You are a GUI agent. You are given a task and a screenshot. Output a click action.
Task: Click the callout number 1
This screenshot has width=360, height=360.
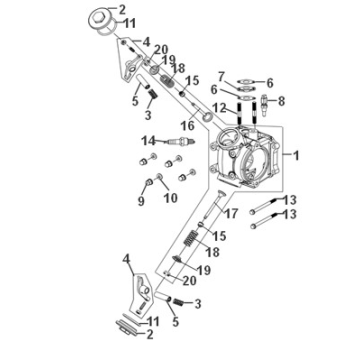pos(295,156)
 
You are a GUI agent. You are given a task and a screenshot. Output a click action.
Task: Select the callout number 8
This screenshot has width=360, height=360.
pos(282,100)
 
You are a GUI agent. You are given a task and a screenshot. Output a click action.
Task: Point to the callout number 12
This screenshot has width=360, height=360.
pos(220,106)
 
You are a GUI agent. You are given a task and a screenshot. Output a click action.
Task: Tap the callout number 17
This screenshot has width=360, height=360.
pos(230,213)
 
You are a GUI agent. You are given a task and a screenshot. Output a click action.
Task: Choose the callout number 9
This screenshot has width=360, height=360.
pos(141,202)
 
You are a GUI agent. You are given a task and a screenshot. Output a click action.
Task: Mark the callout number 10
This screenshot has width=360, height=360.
pos(170,197)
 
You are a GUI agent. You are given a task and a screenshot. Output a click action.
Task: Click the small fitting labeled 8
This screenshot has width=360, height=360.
pos(263,102)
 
